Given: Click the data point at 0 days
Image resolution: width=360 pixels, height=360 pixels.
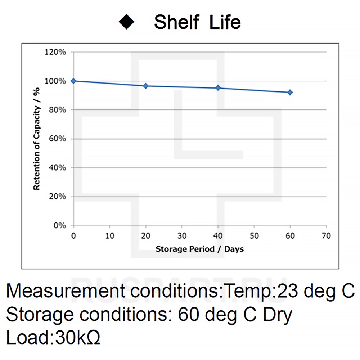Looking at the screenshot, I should coord(74,81).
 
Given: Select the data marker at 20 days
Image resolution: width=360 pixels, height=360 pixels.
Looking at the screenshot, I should coord(146,86).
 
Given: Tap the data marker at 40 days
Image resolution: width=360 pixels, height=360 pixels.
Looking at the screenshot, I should coord(218,88).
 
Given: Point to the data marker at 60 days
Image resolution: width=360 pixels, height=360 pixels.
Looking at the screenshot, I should coord(290,93).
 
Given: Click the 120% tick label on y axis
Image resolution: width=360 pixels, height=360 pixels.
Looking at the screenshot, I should coord(55,52).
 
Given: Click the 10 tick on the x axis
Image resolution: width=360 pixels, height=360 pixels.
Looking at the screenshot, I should coord(110,236).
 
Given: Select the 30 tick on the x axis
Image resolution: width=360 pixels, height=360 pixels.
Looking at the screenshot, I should coord(182,236).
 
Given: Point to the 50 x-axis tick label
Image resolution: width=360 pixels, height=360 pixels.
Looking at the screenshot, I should coord(254,236).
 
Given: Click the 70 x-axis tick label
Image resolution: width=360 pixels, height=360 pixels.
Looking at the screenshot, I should coord(326,236).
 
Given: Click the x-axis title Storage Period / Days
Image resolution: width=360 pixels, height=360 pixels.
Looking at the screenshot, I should coord(199,249).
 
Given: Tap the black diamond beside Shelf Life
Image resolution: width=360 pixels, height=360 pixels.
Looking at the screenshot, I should coord(126,22).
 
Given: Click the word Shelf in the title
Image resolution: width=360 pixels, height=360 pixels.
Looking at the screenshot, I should coord(176,22).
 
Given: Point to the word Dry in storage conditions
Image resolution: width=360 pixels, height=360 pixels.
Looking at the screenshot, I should coord(277,315).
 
